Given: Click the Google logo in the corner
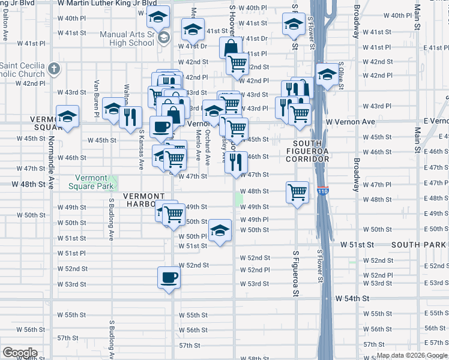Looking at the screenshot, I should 19,353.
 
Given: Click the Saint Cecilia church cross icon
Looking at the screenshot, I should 54,68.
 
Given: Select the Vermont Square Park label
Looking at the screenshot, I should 94,182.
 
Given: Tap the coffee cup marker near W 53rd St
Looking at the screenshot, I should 168,277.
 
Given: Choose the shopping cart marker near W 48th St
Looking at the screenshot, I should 297,193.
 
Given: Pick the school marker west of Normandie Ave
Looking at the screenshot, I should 68,116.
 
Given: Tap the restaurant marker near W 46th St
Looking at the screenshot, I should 237,161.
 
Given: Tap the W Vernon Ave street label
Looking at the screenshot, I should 351,122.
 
